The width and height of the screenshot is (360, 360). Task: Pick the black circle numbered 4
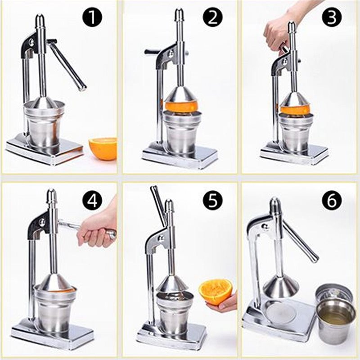coord(92,201)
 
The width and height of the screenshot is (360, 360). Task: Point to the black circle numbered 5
coord(212,201)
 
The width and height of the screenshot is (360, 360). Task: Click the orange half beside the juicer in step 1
coord(103,148)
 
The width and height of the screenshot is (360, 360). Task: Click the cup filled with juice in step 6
coord(335,320)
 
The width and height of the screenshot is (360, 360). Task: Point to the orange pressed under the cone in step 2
coord(180,107)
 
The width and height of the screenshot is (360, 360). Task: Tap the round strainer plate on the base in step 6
coord(280,312)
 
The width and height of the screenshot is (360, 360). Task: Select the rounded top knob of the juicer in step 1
coord(40,20)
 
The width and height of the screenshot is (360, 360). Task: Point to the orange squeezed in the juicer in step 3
coord(295,109)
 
